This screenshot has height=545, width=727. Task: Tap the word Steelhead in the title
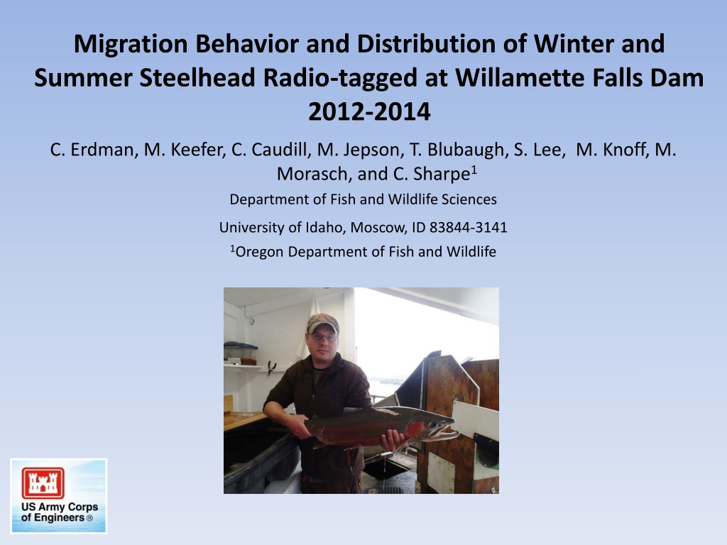click(197, 77)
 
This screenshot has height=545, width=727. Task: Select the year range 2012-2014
click(369, 111)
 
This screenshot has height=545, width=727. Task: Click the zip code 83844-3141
click(469, 227)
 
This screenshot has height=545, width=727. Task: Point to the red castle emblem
click(43, 483)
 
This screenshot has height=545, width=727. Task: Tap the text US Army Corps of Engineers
click(60, 512)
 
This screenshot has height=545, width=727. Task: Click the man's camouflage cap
click(323, 322)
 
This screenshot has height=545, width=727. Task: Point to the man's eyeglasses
click(323, 337)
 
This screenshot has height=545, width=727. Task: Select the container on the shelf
click(240, 353)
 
